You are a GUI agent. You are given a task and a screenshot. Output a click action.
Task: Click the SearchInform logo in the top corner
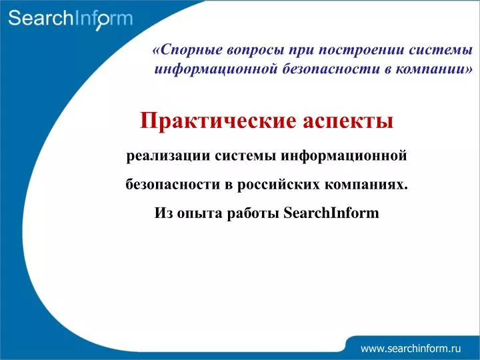point(71,19)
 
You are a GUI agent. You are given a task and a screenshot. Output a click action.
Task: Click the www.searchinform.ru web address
point(411,349)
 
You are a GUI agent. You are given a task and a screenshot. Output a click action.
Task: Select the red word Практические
point(218,121)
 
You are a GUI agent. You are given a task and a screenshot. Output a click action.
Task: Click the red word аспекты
point(348,121)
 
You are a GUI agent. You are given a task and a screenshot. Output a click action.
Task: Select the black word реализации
point(168,156)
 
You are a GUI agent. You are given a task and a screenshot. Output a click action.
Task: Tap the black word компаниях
point(366,185)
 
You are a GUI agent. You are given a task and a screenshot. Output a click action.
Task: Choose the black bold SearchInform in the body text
point(331,213)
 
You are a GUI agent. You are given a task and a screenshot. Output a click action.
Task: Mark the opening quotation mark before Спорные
point(156,51)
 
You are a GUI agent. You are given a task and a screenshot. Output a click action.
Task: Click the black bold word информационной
point(344,156)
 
